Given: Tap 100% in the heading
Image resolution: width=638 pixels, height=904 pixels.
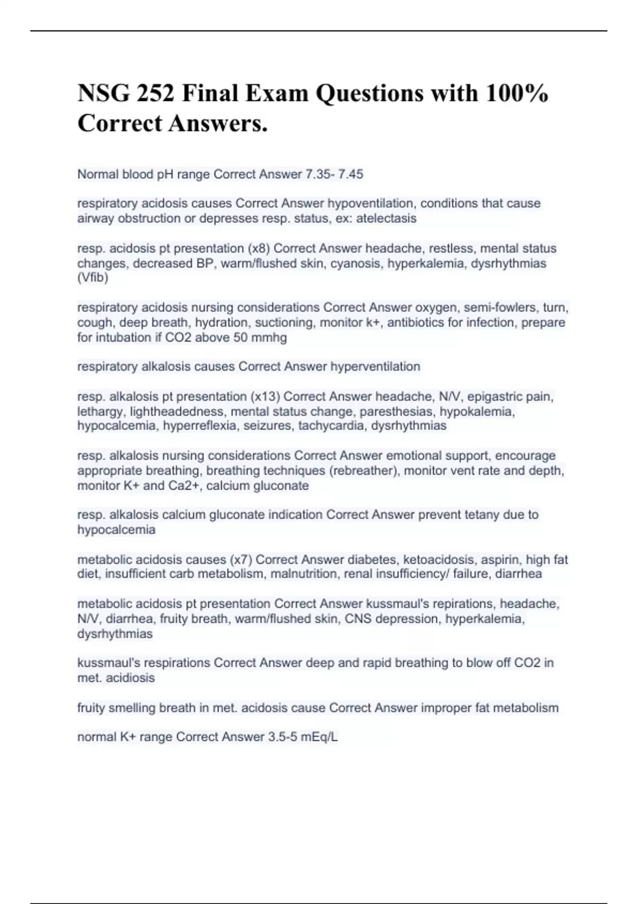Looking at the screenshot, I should tap(516, 94).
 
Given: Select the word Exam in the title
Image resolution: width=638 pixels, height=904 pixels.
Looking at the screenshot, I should tap(277, 94).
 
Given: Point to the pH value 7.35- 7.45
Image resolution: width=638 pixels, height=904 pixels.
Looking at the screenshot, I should tap(334, 174).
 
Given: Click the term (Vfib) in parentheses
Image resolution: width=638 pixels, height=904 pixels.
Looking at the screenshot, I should tap(93, 278).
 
